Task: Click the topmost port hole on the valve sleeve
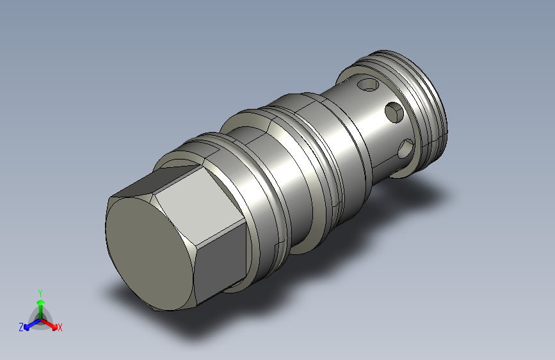(368, 85)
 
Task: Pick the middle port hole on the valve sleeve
(394, 113)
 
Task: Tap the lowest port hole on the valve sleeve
(406, 149)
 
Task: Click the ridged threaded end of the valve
(425, 102)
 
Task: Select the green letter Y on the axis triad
(40, 293)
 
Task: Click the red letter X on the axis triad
(60, 327)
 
